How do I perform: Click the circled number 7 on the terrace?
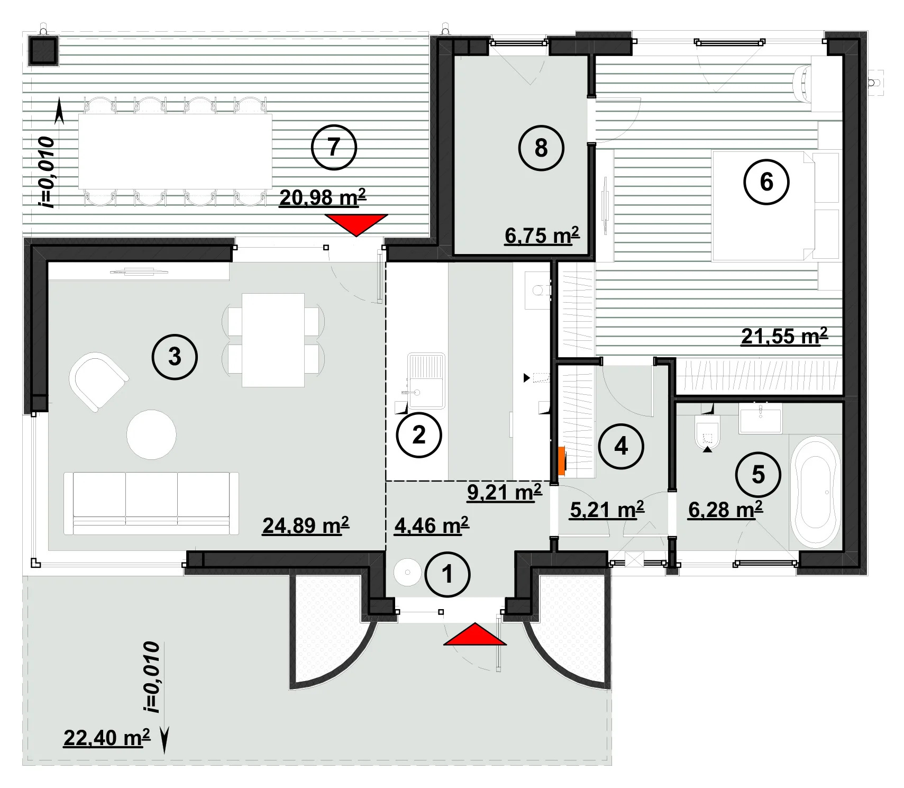(x=334, y=147)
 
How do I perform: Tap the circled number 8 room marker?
(x=541, y=148)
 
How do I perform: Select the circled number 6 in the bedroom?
(x=766, y=182)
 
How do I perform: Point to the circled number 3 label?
(x=175, y=357)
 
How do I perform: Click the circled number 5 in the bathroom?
(x=758, y=475)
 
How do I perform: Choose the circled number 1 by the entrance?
(x=448, y=574)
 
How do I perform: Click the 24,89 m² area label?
(x=306, y=526)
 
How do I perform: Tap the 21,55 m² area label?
(x=784, y=336)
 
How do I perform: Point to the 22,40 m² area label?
(x=107, y=738)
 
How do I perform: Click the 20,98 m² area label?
(x=323, y=197)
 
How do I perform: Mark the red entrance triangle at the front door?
(x=475, y=634)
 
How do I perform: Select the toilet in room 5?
(x=707, y=432)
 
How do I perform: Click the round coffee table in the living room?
(x=151, y=434)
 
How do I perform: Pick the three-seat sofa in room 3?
(x=151, y=503)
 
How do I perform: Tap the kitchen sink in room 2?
(x=426, y=381)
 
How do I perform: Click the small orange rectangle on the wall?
(x=562, y=460)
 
